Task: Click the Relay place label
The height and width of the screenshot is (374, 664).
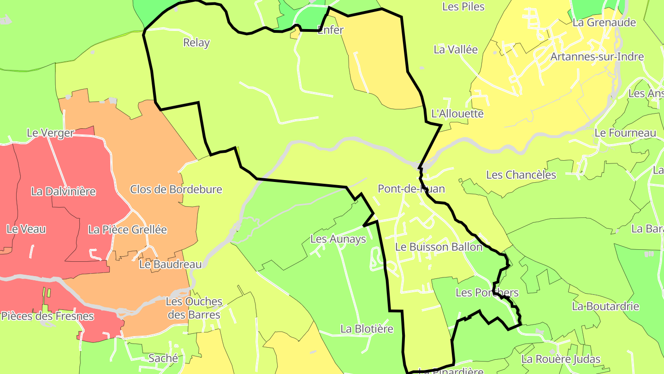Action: (196, 43)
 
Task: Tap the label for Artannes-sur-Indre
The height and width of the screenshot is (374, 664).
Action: (597, 57)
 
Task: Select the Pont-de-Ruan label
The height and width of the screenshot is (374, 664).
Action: (411, 188)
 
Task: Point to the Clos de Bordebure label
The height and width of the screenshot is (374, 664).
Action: (176, 189)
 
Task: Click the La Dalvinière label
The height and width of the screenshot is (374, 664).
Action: (64, 191)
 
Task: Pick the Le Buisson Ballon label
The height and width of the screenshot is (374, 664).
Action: (439, 247)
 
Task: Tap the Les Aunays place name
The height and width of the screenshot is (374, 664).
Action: (338, 239)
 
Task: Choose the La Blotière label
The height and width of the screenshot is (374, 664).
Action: (367, 329)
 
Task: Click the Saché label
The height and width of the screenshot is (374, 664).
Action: (163, 358)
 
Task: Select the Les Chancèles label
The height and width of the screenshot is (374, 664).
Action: (521, 175)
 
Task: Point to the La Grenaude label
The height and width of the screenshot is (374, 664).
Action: (604, 22)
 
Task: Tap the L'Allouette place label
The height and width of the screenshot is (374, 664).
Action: (457, 114)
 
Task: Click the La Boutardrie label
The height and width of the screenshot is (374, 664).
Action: (605, 306)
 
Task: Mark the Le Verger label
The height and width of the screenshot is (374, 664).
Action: (50, 133)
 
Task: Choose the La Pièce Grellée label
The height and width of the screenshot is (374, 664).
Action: (127, 229)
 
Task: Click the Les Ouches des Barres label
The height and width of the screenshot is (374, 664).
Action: (194, 308)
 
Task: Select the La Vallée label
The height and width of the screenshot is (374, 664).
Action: (456, 49)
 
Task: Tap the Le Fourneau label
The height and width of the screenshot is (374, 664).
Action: (625, 133)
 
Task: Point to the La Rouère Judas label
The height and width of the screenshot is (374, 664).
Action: (561, 359)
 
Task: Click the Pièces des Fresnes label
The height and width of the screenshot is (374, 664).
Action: (47, 316)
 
